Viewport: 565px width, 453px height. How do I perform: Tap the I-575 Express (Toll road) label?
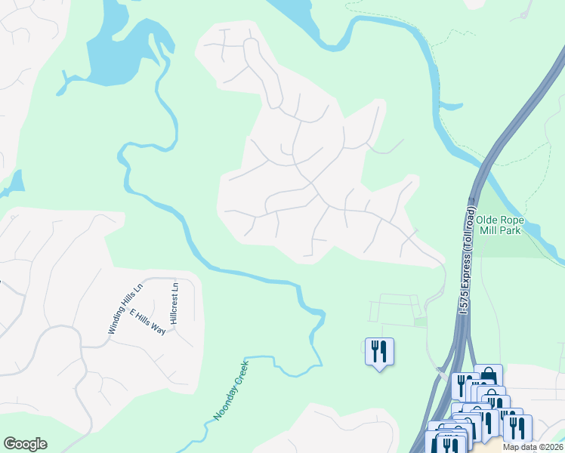tap(467, 260)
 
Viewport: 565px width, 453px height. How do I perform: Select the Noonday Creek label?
tap(230, 390)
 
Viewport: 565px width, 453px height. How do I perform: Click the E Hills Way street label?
tap(147, 322)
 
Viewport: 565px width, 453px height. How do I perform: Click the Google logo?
tap(25, 444)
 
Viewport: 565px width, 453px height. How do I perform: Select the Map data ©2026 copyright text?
tap(533, 447)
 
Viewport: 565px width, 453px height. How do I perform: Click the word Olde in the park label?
tap(488, 220)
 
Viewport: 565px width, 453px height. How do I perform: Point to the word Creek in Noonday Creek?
tap(239, 374)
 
